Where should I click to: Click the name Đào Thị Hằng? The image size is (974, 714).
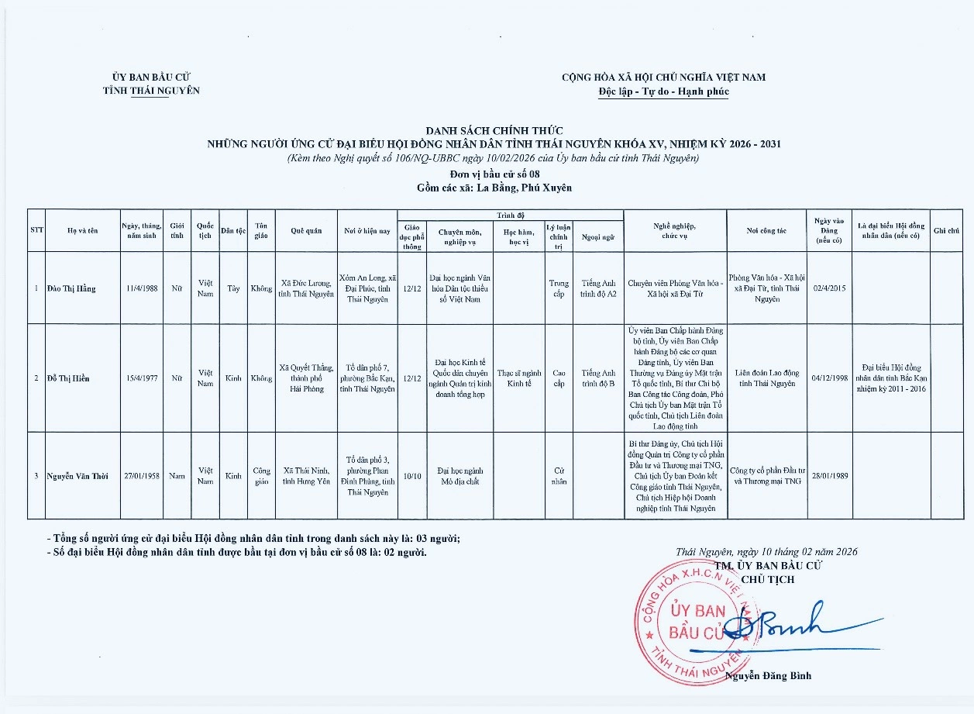(x=71, y=288)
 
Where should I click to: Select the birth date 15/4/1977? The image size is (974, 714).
(x=142, y=378)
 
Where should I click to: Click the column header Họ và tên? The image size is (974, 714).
(x=82, y=230)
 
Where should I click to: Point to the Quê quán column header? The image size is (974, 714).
(x=306, y=230)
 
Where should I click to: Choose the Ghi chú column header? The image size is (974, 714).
(x=946, y=230)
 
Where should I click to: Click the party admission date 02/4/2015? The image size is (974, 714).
(x=829, y=288)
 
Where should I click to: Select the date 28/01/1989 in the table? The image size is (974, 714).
(x=829, y=475)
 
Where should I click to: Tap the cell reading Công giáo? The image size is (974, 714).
(x=261, y=475)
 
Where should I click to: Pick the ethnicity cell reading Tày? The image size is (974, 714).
(x=232, y=288)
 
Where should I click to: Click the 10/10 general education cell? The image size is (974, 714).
(x=411, y=475)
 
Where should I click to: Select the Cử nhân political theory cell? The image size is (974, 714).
(x=558, y=475)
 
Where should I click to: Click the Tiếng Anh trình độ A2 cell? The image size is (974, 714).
(x=597, y=288)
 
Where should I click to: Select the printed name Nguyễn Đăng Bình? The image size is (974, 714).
(x=769, y=675)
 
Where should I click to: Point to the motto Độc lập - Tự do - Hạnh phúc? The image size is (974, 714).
(x=663, y=91)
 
